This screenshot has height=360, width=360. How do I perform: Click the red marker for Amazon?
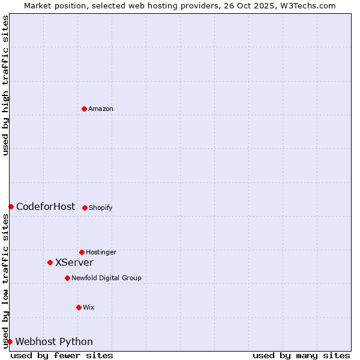coord(84,109)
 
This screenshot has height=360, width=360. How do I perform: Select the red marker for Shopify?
coord(85,208)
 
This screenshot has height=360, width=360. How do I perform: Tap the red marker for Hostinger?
coord(82,252)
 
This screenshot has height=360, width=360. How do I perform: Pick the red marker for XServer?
coord(50,262)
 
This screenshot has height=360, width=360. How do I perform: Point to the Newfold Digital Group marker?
coord(67,278)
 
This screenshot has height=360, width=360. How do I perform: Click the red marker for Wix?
coord(79,307)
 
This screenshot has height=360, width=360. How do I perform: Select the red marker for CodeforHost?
coord(11,206)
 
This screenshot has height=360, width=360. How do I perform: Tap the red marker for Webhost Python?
coord(10,341)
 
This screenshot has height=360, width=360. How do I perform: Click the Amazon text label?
coord(101,109)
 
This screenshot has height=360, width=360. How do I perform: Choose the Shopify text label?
coord(101,208)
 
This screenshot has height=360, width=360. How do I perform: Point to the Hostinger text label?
coord(101,252)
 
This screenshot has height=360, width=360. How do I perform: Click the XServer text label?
coord(74,262)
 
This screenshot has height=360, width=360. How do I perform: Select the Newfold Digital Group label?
coord(106,278)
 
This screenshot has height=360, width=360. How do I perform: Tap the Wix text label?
coord(89,307)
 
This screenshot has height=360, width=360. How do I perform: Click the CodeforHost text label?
coord(46,206)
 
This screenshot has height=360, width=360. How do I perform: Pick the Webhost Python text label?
coord(54,341)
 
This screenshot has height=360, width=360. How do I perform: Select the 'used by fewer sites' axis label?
coord(62,355)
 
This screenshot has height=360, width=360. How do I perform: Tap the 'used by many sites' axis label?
coord(301,355)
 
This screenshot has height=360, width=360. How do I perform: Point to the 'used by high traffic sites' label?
coord(5,85)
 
